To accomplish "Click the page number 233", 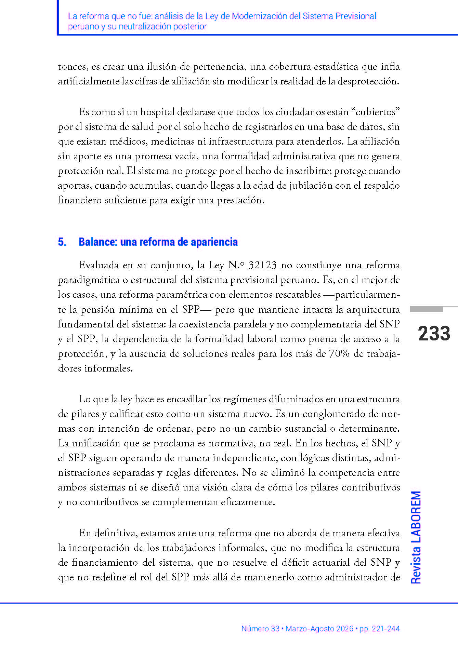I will [x=434, y=334].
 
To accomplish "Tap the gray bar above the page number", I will [x=427, y=309].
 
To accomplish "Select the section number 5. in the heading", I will [x=62, y=242].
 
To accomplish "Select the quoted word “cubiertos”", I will [x=376, y=112].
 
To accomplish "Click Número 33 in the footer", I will [x=260, y=629].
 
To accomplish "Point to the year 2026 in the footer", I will [x=344, y=629].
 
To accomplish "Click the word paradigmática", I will [x=89, y=280].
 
